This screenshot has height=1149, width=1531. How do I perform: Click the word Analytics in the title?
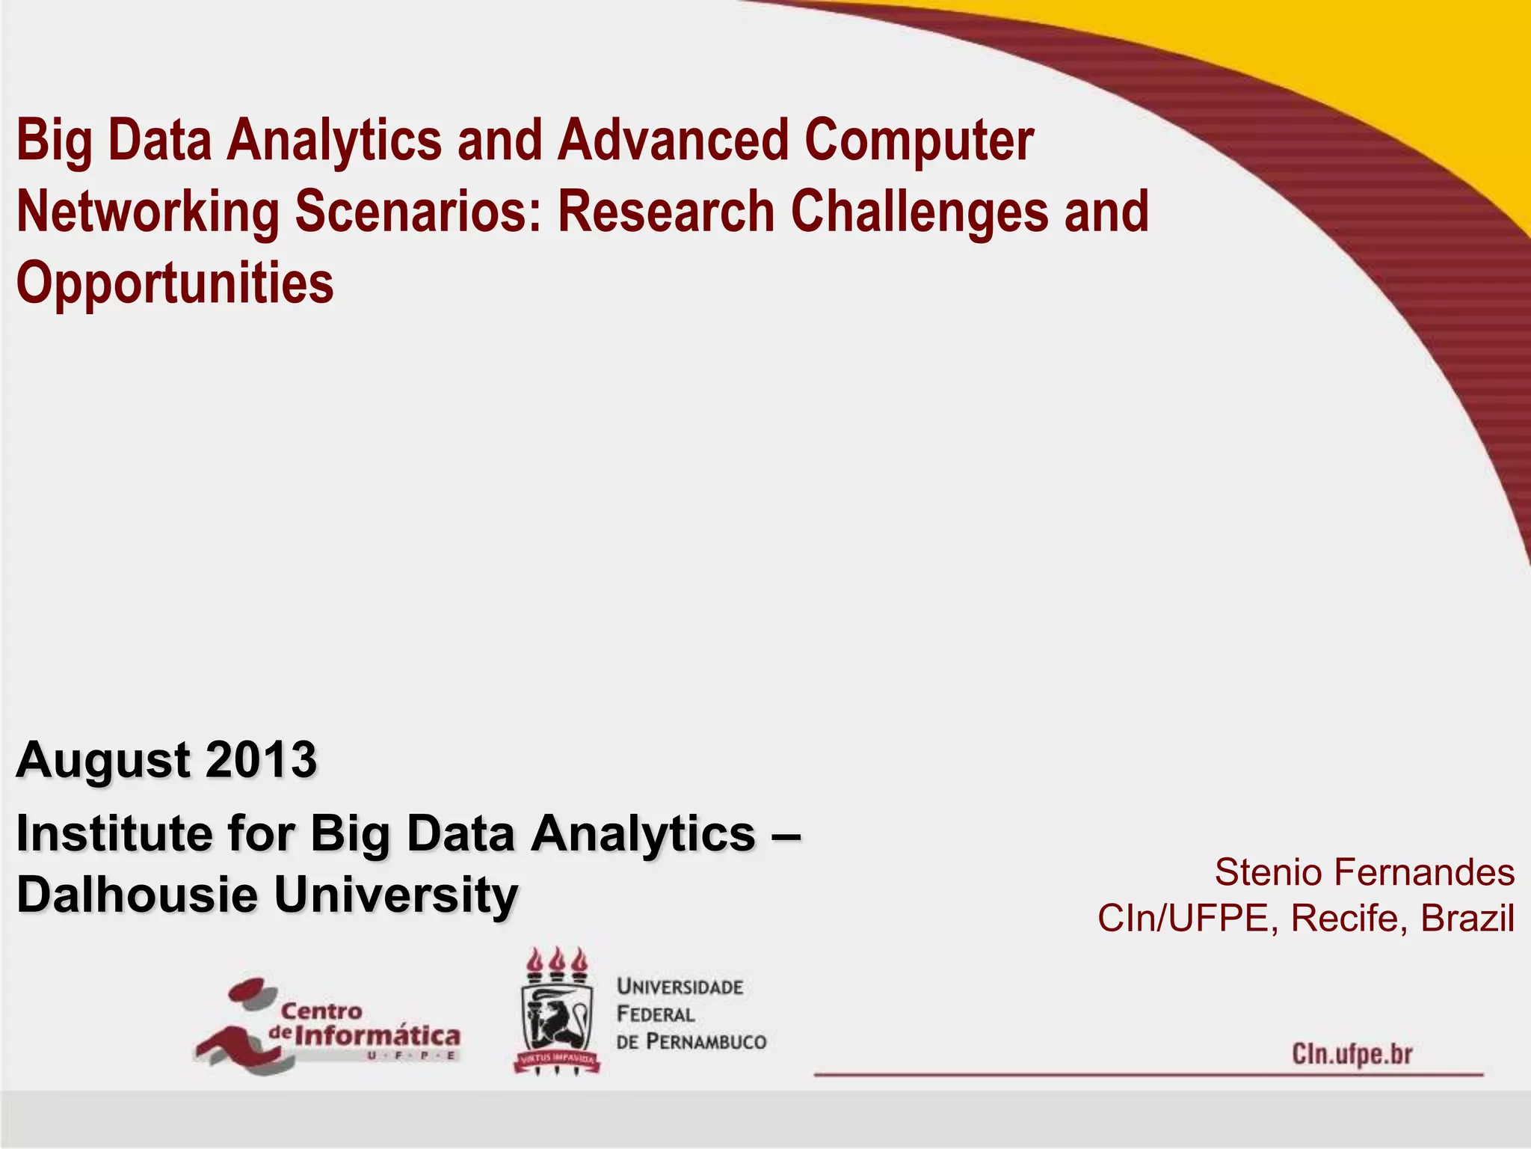pyautogui.click(x=334, y=141)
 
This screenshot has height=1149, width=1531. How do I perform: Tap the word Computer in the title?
pyautogui.click(x=919, y=141)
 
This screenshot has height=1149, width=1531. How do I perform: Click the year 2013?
pyautogui.click(x=261, y=760)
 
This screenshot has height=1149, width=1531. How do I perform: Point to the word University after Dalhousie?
pyautogui.click(x=395, y=894)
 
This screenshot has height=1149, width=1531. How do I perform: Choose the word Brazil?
pyautogui.click(x=1467, y=918)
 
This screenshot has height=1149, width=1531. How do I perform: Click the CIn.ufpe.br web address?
pyautogui.click(x=1352, y=1054)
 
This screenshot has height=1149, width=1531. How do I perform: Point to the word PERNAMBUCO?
pyautogui.click(x=706, y=1041)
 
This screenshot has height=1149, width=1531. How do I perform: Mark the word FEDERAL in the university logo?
pyautogui.click(x=656, y=1014)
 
